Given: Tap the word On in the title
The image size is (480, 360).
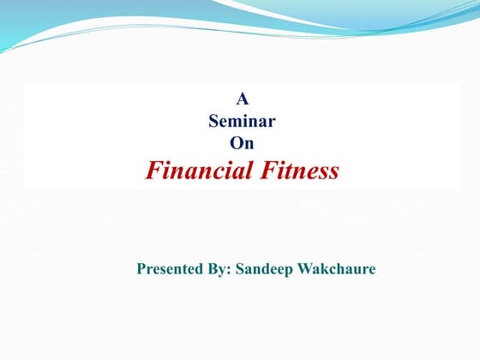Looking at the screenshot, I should tap(242, 143).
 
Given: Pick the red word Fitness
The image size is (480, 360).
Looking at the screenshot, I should tap(299, 171).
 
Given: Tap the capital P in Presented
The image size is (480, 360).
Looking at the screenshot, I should tap(142, 269).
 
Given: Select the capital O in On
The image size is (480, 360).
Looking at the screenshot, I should tap(236, 143).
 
